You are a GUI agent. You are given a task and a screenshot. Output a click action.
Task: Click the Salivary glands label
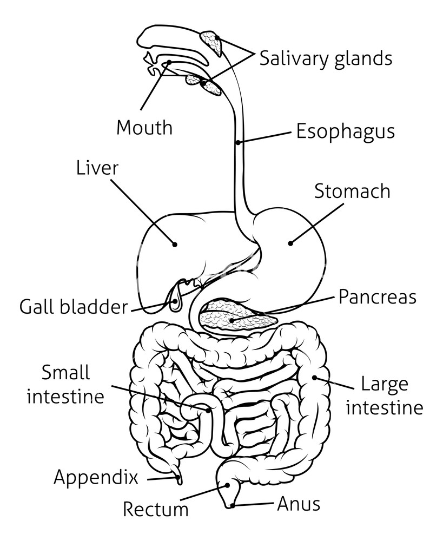(326, 58)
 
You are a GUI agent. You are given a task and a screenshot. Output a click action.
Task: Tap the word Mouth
(144, 128)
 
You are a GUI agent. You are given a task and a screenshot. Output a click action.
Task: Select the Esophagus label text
(345, 131)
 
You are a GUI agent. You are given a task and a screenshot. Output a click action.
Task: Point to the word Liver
(97, 168)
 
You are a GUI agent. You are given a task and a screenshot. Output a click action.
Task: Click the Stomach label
(352, 191)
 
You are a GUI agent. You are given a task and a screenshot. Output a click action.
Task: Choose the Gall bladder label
(73, 307)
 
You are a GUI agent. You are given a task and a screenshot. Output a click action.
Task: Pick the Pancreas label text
(378, 297)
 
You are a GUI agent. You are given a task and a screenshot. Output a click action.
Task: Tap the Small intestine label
(65, 385)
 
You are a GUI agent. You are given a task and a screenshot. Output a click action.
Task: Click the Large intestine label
(384, 396)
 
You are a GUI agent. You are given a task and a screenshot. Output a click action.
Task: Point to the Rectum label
(156, 509)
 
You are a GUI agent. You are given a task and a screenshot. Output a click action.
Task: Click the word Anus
(299, 504)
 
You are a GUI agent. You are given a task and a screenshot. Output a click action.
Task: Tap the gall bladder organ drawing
(175, 300)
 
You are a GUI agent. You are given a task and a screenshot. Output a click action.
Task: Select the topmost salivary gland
(211, 43)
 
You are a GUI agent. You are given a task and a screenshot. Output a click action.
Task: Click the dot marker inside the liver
(175, 244)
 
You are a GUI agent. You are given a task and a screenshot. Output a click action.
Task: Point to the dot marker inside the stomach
(290, 243)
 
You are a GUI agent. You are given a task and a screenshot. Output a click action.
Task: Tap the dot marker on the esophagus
(238, 143)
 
